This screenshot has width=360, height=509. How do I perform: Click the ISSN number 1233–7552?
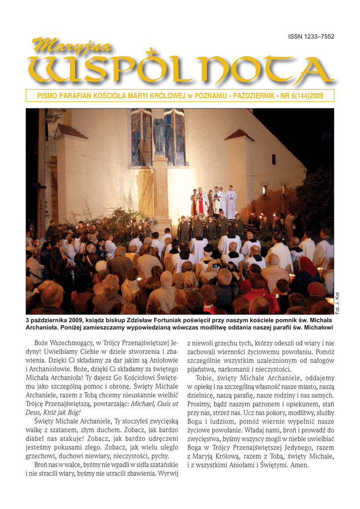[x=311, y=37]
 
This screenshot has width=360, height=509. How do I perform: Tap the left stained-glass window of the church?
[x=141, y=138]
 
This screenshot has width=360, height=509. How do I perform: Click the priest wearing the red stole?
[x=201, y=201]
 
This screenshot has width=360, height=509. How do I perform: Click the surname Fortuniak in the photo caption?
[x=171, y=321]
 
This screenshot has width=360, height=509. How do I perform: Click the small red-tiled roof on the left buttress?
[x=70, y=132]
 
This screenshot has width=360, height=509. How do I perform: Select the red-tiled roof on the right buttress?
[x=239, y=135]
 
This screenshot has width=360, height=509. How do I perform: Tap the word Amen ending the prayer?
[x=299, y=465]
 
